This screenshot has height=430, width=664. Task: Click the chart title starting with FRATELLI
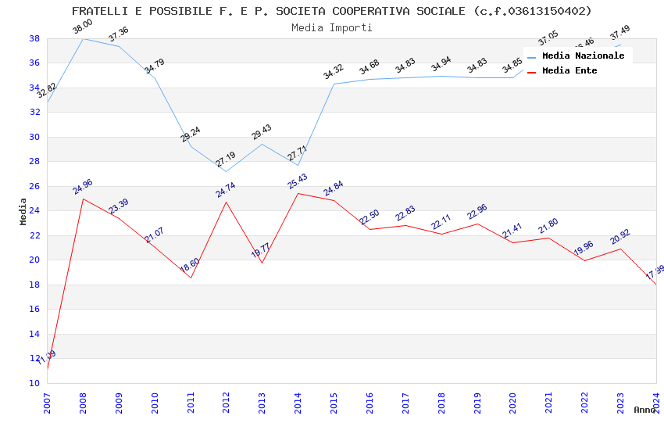pos(331,11)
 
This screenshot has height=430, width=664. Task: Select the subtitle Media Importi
pos(331,27)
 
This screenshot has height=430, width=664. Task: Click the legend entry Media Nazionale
pos(583,56)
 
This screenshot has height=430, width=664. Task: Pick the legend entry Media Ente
pos(569,71)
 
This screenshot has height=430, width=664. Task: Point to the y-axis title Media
pos(23,211)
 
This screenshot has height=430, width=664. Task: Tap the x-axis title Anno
pos(644,410)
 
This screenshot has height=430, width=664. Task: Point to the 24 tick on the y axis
pos(34,211)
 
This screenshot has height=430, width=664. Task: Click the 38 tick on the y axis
pos(34,38)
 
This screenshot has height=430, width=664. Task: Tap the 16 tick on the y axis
pos(34,310)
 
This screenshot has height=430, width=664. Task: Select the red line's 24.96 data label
pos(83,186)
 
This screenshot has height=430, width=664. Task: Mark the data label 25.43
pos(298,181)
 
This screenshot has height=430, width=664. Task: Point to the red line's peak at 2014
pos(298,193)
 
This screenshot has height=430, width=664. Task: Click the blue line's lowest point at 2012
pos(227,171)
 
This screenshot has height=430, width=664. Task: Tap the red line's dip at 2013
pos(262,263)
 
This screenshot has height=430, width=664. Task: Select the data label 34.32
pos(334,72)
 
